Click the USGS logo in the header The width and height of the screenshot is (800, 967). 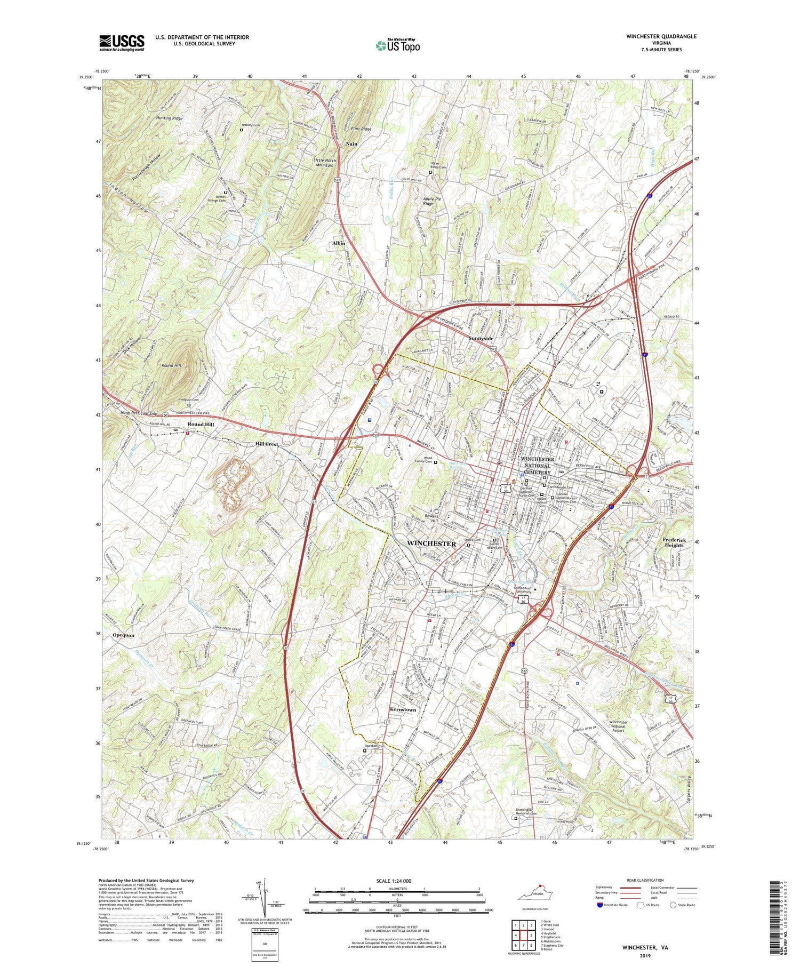(122, 43)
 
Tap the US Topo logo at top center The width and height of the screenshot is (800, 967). (398, 46)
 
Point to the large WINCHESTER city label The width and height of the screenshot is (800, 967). (431, 544)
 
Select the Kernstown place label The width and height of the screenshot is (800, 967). (402, 710)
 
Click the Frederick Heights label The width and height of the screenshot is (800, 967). (674, 542)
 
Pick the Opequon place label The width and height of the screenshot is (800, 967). (123, 635)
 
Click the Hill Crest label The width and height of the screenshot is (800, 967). (267, 444)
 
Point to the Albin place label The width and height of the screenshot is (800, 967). (339, 243)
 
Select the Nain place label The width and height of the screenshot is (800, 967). (351, 144)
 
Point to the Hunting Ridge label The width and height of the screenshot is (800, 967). (169, 118)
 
